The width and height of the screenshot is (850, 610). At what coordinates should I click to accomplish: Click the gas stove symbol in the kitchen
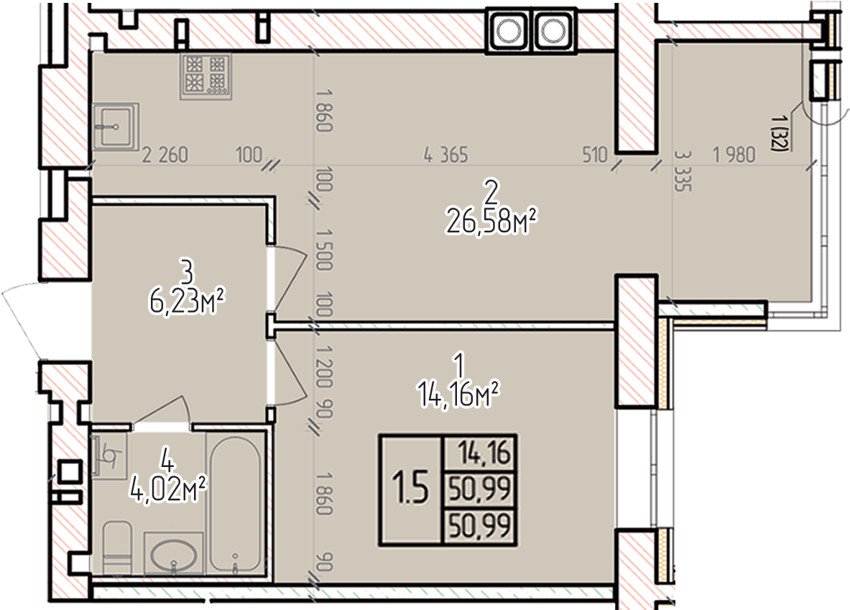206,76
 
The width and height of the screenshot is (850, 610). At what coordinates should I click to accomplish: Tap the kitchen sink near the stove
116,127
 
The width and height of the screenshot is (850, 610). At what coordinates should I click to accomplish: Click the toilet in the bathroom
116,547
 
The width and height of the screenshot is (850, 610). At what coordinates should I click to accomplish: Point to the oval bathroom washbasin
173,554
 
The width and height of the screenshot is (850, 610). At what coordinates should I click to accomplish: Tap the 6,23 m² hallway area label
187,302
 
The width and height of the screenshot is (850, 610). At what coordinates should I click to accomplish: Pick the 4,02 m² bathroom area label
168,491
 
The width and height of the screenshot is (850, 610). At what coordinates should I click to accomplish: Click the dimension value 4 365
445,155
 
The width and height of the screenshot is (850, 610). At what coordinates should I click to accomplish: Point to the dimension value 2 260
165,155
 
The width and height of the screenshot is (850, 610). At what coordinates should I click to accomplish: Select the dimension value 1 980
734,155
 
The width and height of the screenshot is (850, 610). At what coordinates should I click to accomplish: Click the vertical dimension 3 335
683,171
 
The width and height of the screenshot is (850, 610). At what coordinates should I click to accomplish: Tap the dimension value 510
595,155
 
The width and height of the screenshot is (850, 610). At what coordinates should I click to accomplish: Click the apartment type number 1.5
410,488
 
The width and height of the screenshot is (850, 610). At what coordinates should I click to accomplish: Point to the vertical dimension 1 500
323,249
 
